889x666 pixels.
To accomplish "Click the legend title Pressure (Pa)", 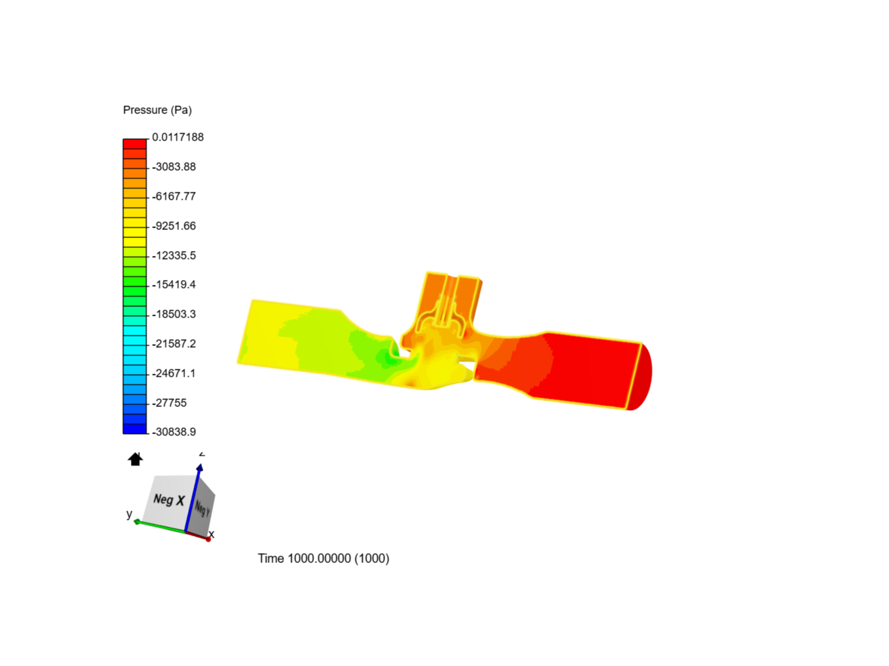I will (157, 110).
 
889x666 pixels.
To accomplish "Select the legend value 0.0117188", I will (178, 137).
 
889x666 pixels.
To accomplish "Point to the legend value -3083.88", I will (174, 166).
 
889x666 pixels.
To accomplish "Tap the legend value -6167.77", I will (174, 196).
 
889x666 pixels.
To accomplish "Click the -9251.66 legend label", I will (174, 226).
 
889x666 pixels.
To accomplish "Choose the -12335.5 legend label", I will (174, 255).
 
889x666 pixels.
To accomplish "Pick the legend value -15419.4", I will (174, 284).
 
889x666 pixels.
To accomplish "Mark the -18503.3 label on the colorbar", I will (174, 314).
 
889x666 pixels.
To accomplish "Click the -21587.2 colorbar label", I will (174, 343).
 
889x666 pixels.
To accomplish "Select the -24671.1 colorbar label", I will (174, 373).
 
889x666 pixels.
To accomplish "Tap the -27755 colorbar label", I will (170, 403).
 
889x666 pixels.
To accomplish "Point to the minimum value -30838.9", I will (174, 432).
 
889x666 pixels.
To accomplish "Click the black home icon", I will (135, 459).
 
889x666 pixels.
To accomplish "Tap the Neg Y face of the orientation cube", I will (202, 509).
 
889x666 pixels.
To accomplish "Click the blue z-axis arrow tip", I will (199, 468).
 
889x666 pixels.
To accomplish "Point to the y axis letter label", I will (129, 514).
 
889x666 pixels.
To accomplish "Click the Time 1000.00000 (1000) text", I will (323, 558).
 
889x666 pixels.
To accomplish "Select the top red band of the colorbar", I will (135, 144).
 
